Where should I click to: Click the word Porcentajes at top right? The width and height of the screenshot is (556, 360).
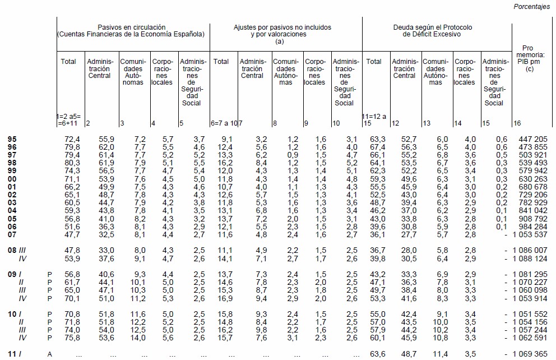532,7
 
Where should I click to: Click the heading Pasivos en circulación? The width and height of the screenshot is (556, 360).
132,27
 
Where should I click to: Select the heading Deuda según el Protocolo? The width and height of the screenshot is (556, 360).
438,27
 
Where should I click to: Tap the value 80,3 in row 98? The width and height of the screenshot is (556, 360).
73,162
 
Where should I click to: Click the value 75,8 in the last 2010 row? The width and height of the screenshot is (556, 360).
73,338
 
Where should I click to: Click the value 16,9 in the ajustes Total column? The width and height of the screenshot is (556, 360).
226,298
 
